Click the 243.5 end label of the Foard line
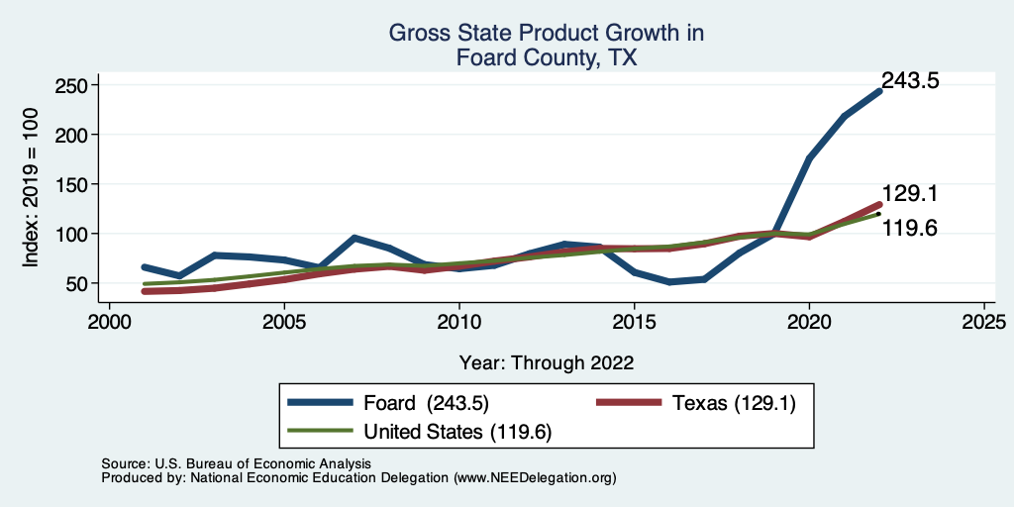pyautogui.click(x=909, y=82)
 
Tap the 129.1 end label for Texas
pyautogui.click(x=909, y=194)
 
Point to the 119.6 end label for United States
pyautogui.click(x=909, y=229)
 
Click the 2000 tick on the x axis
pyautogui.click(x=109, y=322)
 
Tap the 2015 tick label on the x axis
pyautogui.click(x=634, y=322)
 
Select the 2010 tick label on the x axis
pyautogui.click(x=458, y=322)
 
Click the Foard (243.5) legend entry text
pyautogui.click(x=426, y=402)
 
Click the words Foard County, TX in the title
pyautogui.click(x=546, y=58)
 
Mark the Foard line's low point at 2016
pyautogui.click(x=668, y=282)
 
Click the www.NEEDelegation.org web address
pyautogui.click(x=535, y=477)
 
